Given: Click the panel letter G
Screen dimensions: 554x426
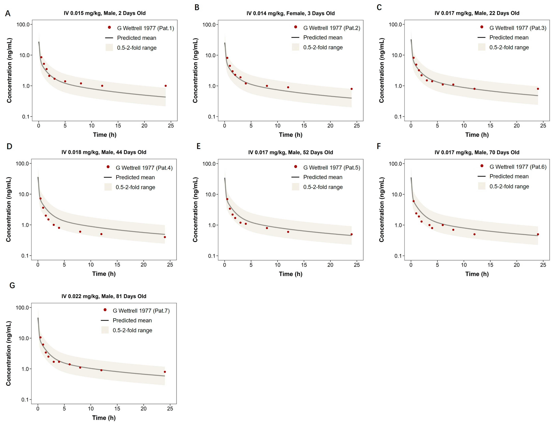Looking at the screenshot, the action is [12, 285].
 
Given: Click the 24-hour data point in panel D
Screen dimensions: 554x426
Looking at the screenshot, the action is [165, 237].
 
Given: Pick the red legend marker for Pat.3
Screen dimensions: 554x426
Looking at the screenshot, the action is [482, 27].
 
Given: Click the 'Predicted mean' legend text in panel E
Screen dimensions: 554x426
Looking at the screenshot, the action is [323, 177].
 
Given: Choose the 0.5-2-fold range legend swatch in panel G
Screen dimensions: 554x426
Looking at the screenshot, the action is [105, 330].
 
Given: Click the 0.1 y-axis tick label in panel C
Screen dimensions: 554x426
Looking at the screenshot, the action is [398, 117].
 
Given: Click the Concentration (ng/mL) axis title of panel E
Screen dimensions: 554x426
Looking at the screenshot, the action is [195, 209].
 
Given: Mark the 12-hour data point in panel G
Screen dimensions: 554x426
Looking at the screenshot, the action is [101, 370].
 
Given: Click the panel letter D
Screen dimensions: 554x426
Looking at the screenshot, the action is [9, 146].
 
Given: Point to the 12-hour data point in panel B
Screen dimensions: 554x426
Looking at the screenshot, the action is [288, 87].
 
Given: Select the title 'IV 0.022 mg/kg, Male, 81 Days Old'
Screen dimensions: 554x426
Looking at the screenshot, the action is [104, 296].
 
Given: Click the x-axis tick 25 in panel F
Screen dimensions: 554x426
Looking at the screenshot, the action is [543, 265].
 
